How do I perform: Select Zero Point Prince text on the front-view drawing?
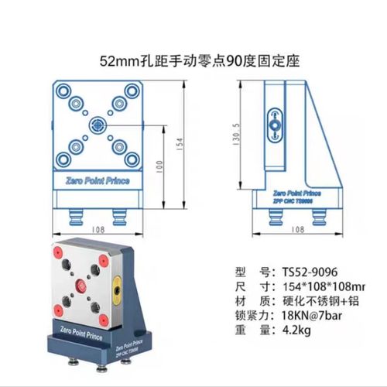98,180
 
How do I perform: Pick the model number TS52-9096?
302,272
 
